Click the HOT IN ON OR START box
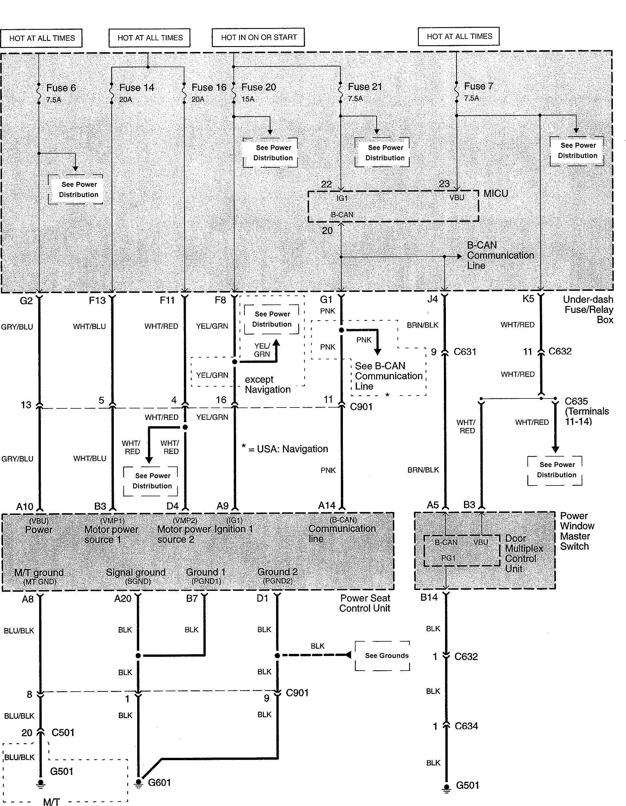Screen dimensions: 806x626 (258, 37)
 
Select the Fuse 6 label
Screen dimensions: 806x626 (61, 88)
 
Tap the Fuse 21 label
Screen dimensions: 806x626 (365, 87)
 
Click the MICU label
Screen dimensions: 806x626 (496, 193)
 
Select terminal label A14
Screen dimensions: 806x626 (327, 505)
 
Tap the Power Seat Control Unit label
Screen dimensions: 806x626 (365, 603)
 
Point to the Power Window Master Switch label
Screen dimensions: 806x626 (577, 531)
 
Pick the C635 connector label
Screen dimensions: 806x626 (576, 401)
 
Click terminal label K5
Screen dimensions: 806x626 (528, 299)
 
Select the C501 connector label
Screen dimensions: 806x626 (63, 732)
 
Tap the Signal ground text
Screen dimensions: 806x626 (135, 572)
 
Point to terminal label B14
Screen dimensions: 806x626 (429, 597)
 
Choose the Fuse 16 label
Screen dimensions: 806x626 (209, 88)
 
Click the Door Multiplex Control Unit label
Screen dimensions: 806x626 (524, 553)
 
